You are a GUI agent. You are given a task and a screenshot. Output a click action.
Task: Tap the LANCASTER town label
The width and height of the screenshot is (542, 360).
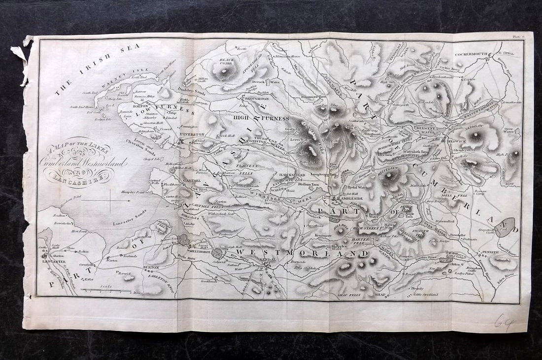click(54, 262)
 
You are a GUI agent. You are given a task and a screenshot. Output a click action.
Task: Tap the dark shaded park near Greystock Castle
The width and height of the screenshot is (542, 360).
click(504, 227)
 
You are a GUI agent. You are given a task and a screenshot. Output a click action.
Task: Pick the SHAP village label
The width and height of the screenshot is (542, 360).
click(380, 295)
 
